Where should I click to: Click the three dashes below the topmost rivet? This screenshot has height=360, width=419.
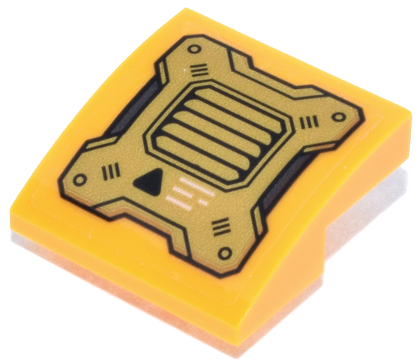(199, 72)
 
